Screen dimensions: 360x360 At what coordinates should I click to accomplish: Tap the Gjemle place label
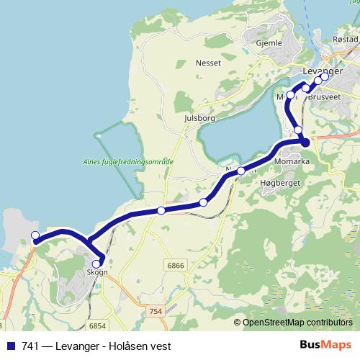pos(268,43)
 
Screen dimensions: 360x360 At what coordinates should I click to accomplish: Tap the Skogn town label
pos(96,272)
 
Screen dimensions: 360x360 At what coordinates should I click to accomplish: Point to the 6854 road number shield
pos(99,325)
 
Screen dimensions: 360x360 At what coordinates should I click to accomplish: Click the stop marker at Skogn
pos(96,264)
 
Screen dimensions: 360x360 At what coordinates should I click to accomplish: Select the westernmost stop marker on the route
pos(35,235)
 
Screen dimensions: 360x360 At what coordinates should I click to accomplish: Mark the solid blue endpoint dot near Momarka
pos(305,143)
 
